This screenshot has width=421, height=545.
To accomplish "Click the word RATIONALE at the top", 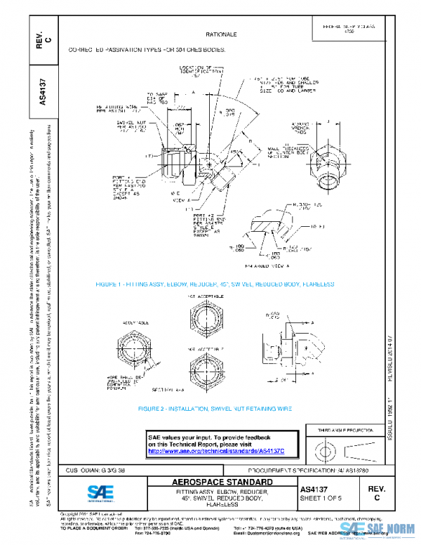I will (x=221, y=34).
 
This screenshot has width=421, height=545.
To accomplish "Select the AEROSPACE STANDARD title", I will (x=222, y=482).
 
